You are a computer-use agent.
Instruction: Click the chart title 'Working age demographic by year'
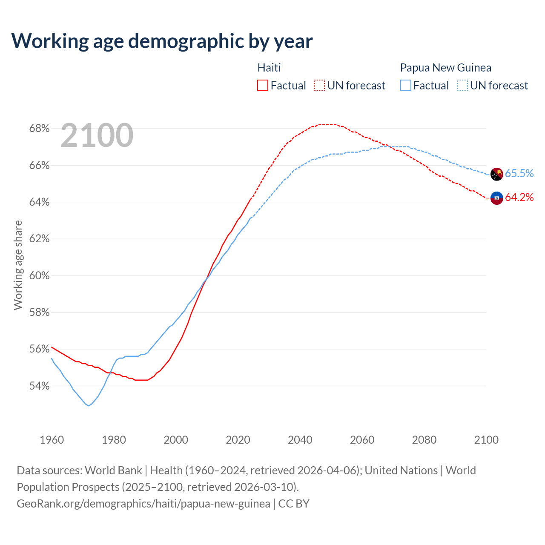[x=162, y=41]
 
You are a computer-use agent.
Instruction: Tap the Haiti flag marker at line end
[x=497, y=198]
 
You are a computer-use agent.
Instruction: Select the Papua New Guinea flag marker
[x=497, y=174]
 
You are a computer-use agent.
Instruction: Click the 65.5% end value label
[x=519, y=173]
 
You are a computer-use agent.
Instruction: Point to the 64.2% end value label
[x=519, y=197]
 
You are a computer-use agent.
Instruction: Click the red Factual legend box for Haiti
[x=263, y=86]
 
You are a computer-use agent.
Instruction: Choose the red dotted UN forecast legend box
[x=319, y=86]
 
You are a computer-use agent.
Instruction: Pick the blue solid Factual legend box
[x=406, y=86]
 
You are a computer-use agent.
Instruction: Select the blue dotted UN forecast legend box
[x=462, y=86]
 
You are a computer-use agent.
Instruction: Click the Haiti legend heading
[x=269, y=68]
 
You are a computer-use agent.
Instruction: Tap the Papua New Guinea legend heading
[x=445, y=68]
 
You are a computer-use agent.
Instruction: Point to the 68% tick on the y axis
[x=39, y=129]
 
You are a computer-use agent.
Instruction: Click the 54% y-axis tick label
[x=39, y=386]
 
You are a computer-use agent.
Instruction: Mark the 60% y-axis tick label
[x=39, y=276]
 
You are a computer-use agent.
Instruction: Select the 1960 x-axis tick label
[x=52, y=440]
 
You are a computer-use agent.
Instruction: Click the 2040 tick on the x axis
[x=300, y=440]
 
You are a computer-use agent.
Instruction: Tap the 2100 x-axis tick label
[x=486, y=440]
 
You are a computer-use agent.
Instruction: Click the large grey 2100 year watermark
[x=97, y=136]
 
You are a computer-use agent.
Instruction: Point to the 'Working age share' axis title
[x=18, y=265]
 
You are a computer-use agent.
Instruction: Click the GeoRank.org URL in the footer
[x=143, y=504]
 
